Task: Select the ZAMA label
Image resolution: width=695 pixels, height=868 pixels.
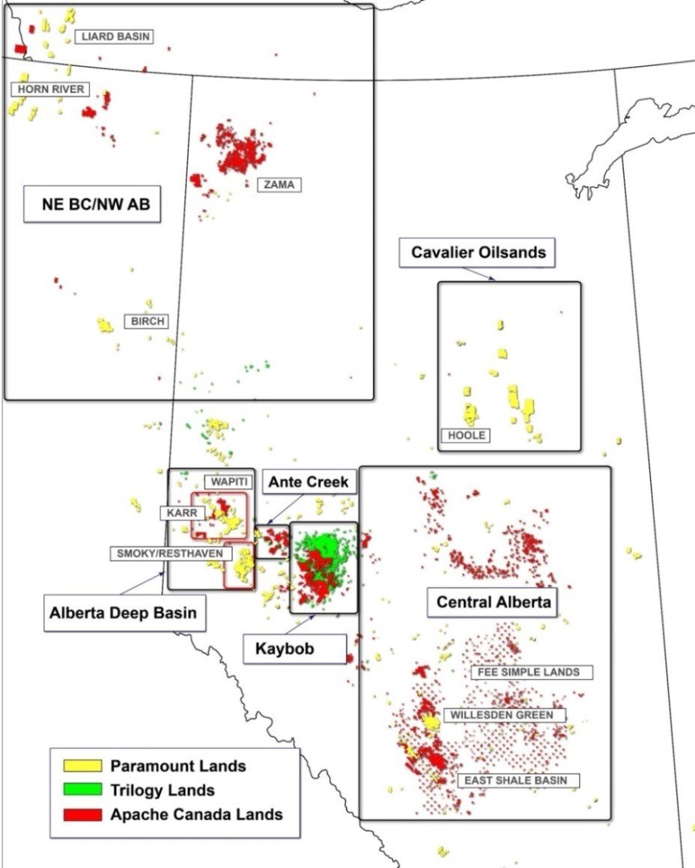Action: point(279,184)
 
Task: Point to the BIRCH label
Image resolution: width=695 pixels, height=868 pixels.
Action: point(146,321)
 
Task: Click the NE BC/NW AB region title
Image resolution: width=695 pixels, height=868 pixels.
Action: point(91,204)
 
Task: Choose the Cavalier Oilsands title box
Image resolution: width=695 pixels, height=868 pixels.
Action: point(478,253)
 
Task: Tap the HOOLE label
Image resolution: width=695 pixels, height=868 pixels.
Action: point(467,435)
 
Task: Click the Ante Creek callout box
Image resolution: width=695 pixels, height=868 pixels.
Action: point(309,482)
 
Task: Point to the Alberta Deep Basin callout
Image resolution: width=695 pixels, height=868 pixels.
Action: point(124,613)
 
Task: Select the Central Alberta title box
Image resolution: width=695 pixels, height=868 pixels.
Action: point(494,601)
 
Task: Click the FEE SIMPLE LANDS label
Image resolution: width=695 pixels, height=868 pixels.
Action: point(532,672)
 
